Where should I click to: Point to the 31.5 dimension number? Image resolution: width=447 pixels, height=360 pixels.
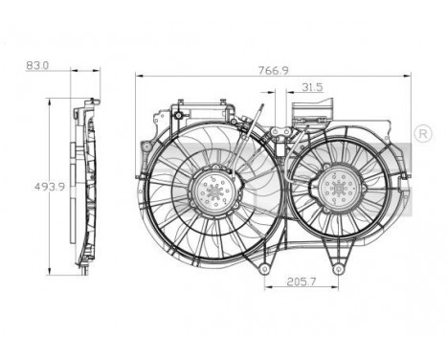(x=310, y=88)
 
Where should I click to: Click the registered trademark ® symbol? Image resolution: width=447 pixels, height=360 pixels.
(x=423, y=131)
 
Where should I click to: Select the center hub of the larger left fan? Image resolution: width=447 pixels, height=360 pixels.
(x=212, y=190)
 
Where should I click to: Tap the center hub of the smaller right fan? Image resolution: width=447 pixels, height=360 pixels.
(x=338, y=187)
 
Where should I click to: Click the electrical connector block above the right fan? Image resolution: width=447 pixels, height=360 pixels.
(x=316, y=106)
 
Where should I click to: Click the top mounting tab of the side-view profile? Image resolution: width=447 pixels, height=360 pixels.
(x=93, y=101)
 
